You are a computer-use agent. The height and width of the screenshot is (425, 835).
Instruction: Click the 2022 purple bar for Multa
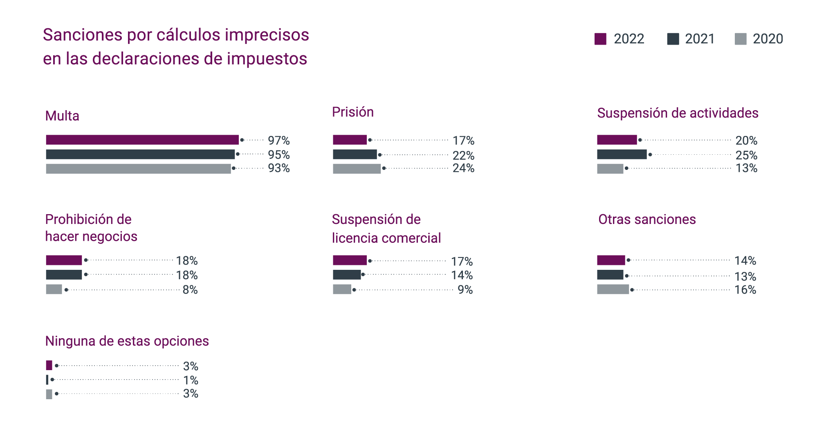click(x=142, y=140)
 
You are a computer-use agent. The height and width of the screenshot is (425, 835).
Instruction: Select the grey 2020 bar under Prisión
click(x=357, y=169)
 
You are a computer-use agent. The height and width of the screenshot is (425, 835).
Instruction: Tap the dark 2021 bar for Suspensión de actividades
click(x=622, y=154)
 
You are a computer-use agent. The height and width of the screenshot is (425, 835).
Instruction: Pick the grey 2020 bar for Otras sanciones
click(x=613, y=289)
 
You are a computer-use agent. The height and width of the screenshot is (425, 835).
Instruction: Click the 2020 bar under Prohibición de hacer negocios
click(x=54, y=289)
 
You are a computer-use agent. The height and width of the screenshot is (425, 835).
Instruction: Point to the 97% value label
click(x=278, y=140)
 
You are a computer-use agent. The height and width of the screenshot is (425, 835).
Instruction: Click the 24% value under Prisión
click(x=463, y=168)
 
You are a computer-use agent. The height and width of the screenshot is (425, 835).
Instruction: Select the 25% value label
click(x=746, y=155)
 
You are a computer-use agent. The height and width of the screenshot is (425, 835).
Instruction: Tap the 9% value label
click(x=465, y=290)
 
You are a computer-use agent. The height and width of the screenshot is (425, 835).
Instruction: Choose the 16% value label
click(x=745, y=290)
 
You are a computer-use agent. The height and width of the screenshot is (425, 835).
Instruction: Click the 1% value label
click(x=191, y=380)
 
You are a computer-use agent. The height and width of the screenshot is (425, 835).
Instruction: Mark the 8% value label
click(x=190, y=290)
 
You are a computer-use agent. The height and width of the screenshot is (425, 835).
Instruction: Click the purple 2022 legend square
click(x=600, y=39)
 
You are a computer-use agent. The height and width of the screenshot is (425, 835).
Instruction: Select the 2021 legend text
click(x=700, y=39)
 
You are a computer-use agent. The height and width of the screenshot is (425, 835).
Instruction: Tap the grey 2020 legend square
click(x=740, y=39)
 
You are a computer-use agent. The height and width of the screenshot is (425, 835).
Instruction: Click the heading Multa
click(x=62, y=116)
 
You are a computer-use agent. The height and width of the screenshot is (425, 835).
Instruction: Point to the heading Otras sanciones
click(x=647, y=219)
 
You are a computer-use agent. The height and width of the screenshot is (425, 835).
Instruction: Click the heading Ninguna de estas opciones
click(x=127, y=341)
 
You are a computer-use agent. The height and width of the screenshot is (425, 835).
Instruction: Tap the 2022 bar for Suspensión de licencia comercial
click(x=350, y=260)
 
